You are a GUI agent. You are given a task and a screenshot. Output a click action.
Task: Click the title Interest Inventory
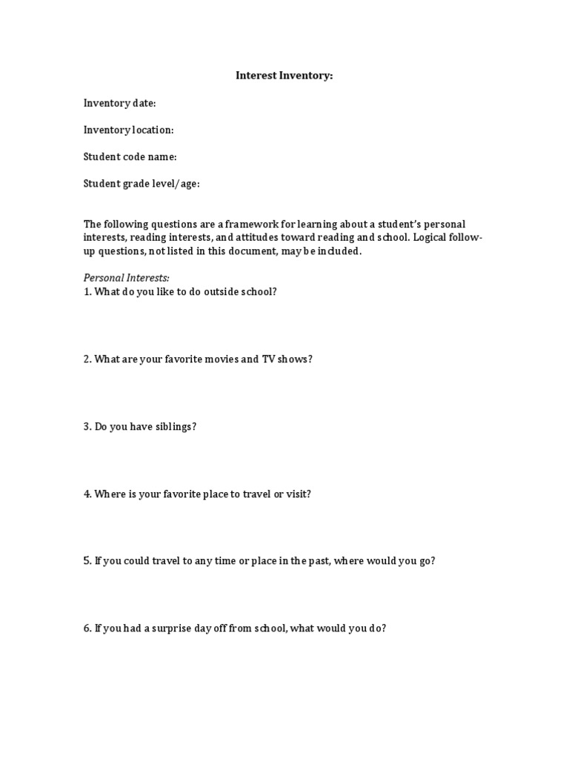tap(284, 76)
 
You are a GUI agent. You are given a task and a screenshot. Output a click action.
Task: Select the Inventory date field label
tap(119, 103)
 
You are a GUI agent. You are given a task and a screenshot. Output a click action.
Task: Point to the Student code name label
tap(130, 156)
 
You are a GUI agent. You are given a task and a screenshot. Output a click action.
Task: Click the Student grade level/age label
tap(142, 183)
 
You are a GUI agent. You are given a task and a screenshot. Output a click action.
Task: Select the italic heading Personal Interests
tap(126, 278)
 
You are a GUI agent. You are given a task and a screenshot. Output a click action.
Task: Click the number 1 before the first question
tap(86, 291)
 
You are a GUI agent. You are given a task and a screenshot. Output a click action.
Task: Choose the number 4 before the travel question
tap(86, 494)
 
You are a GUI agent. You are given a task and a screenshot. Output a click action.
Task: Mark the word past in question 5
tap(319, 561)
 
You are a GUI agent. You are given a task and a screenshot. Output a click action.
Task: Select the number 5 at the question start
tap(86, 561)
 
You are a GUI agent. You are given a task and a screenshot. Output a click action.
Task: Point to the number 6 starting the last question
tap(86, 629)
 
